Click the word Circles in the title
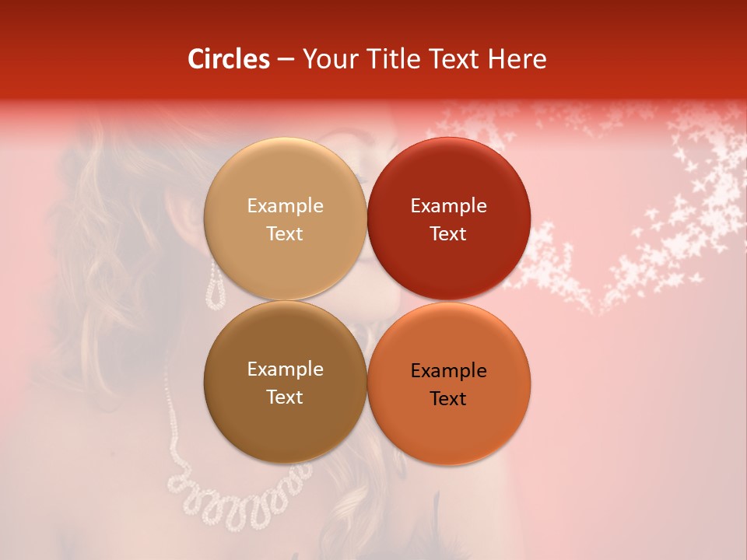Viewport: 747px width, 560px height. tap(229, 59)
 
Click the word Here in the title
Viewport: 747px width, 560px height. tap(518, 59)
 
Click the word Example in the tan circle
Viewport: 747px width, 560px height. tap(285, 206)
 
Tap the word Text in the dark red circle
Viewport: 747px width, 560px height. tap(448, 234)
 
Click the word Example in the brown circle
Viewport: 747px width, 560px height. tap(285, 369)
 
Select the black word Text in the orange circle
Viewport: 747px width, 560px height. tap(448, 399)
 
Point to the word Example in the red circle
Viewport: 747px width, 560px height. tap(448, 206)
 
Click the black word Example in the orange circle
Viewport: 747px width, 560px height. tap(448, 371)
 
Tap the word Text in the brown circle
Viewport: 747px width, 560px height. tap(285, 397)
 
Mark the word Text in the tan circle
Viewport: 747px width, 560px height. tap(285, 234)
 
